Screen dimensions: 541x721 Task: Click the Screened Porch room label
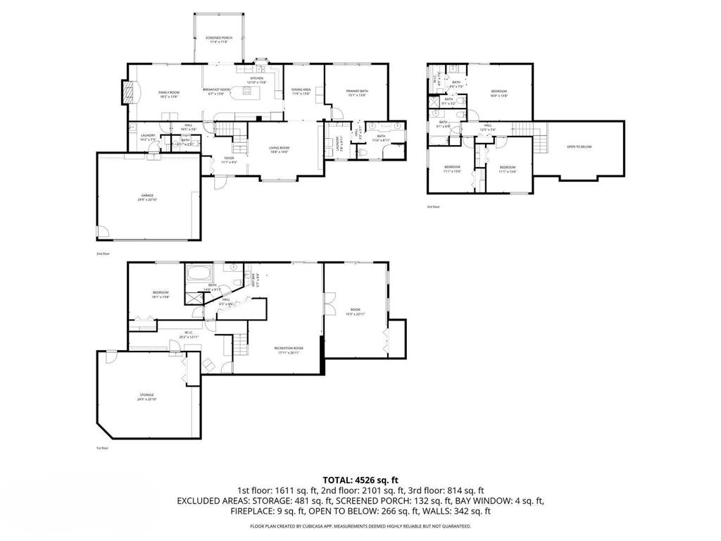click(x=219, y=39)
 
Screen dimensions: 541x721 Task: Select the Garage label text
click(x=146, y=197)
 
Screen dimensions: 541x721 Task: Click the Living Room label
click(x=280, y=150)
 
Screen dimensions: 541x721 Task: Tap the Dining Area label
click(x=301, y=92)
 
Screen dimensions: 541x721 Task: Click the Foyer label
click(x=229, y=159)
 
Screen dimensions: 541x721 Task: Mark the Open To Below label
click(x=579, y=147)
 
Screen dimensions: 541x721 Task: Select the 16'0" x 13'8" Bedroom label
click(x=499, y=94)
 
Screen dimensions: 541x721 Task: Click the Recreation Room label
click(x=289, y=350)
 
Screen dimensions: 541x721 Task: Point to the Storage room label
click(x=146, y=397)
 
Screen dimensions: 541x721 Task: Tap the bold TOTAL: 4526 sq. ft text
click(x=360, y=480)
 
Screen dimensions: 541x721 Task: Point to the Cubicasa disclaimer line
click(x=360, y=526)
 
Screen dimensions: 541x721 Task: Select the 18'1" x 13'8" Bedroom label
click(x=161, y=294)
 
